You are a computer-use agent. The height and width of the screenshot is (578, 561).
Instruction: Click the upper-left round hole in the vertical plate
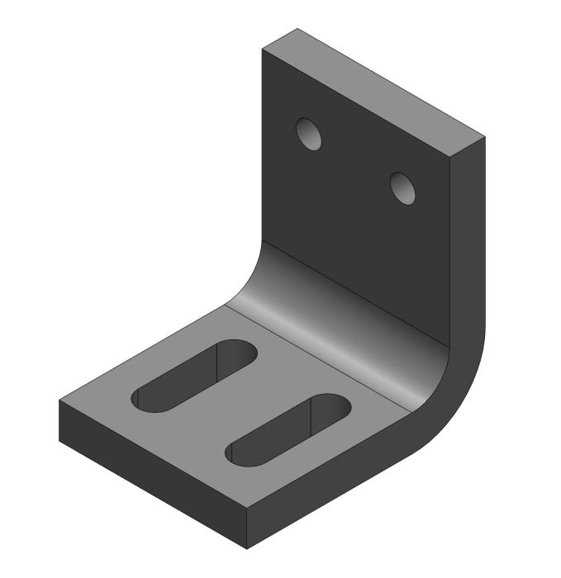click(311, 134)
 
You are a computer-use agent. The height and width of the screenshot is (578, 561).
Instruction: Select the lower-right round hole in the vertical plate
click(402, 188)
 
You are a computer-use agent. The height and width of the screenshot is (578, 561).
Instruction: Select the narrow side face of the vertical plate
click(468, 239)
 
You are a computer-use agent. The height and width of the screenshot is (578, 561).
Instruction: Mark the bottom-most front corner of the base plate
click(249, 547)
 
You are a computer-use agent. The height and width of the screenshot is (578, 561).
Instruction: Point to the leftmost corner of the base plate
click(59, 403)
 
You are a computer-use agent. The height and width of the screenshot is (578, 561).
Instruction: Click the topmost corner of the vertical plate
click(297, 29)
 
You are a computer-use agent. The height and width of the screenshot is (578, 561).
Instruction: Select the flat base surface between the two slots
click(240, 396)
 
